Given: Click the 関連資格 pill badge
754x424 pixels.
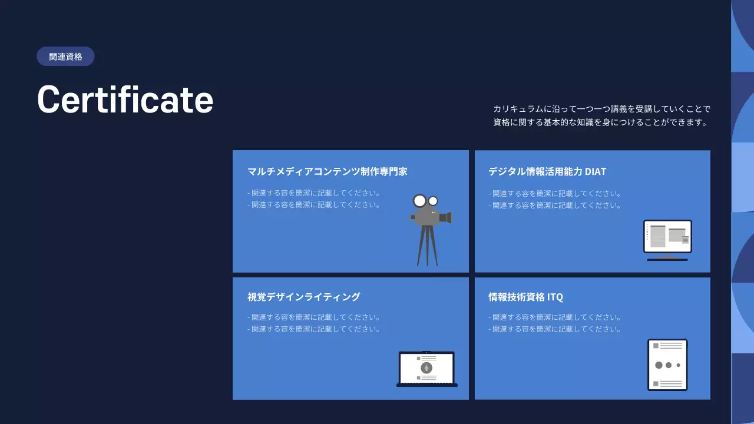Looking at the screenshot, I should (x=65, y=57).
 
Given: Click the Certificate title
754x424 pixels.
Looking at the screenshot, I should (x=125, y=99).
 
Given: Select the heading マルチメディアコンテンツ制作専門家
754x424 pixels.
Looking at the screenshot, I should (x=328, y=171).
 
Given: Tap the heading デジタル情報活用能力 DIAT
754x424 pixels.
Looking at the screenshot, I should (x=547, y=171).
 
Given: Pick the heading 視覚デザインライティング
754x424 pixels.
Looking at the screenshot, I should (x=303, y=297).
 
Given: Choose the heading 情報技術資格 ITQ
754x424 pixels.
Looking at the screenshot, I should (x=525, y=297).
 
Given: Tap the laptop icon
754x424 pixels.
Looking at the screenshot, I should (x=426, y=369).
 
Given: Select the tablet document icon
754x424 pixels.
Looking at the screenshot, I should (x=667, y=365).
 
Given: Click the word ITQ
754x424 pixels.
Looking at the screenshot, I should (x=555, y=297).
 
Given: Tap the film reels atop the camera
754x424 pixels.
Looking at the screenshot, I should (x=425, y=201).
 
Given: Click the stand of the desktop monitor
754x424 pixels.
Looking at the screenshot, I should (x=667, y=257).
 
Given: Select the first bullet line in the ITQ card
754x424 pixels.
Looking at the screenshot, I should (x=555, y=317).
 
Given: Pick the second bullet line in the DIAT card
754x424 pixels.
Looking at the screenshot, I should (x=555, y=206).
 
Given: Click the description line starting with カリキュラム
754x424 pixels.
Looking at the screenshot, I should (x=602, y=109).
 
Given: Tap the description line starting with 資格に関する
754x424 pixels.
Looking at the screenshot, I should (x=600, y=122).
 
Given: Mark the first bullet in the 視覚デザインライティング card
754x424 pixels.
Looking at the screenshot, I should (x=313, y=317).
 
